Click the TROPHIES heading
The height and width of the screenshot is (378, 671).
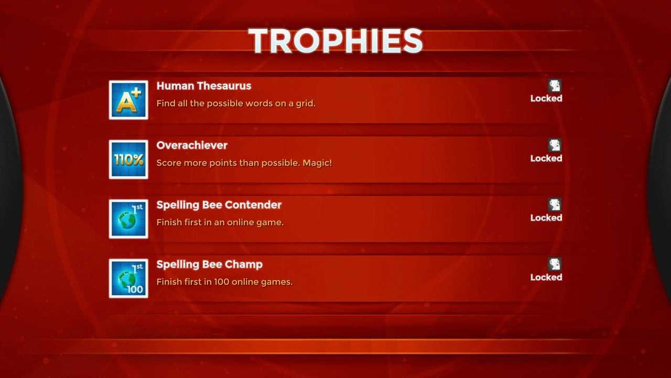[335, 40]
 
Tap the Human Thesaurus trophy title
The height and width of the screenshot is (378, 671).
[204, 86]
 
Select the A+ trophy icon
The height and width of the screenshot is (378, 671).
[128, 100]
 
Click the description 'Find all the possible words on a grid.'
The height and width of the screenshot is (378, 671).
[236, 103]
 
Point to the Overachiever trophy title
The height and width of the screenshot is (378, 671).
[192, 145]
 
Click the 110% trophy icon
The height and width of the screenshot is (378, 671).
[128, 159]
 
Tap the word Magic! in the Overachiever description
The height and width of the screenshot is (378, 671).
[317, 163]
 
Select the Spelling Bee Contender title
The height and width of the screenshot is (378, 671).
[219, 205]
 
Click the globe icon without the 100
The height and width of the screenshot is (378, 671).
[128, 219]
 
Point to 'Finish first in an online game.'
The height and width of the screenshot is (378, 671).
[220, 222]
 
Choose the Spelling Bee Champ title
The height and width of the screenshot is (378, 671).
[209, 264]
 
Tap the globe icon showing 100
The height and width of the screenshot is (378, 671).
[128, 278]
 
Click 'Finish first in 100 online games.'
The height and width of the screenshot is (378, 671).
[224, 282]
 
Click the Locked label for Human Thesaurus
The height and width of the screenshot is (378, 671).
[546, 98]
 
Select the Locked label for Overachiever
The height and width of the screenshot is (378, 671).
[546, 158]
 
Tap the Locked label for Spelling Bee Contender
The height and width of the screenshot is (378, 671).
[546, 217]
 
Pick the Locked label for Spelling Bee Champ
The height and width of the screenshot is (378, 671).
[546, 277]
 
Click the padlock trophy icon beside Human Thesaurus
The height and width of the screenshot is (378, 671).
[555, 86]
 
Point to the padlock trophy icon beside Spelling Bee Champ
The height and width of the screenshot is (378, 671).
[555, 264]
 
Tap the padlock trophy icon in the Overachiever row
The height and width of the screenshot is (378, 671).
[555, 145]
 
